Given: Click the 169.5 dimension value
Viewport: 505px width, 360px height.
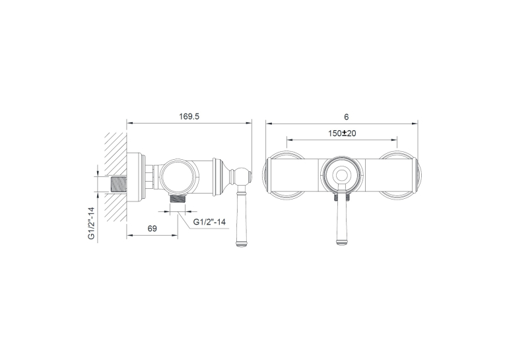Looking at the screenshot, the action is click(189, 116).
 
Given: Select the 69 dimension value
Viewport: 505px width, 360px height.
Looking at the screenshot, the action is click(152, 229).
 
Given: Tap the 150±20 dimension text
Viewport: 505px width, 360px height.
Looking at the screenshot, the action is click(342, 133).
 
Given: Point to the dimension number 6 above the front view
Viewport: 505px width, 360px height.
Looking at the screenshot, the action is click(346, 117).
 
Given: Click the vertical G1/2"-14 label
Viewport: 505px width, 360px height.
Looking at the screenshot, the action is click(92, 223).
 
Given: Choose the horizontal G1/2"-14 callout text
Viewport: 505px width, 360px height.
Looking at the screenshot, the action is click(209, 222).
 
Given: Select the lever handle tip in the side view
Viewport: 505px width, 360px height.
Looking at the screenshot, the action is click(242, 244).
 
